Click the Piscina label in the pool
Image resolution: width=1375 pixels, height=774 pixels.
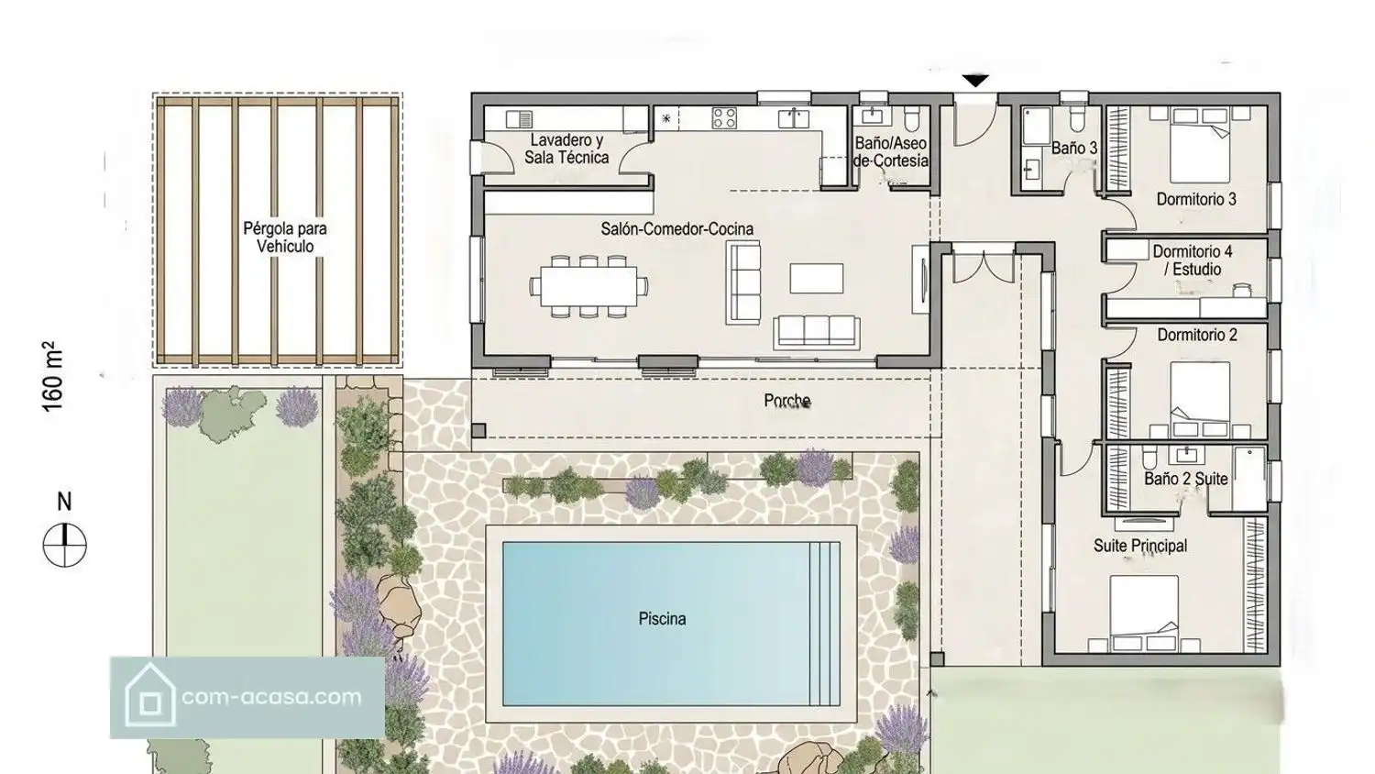click(663, 619)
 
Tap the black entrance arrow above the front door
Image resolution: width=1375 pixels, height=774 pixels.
click(975, 81)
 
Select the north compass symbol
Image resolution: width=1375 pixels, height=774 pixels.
click(64, 545)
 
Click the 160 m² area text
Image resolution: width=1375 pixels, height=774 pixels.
click(53, 376)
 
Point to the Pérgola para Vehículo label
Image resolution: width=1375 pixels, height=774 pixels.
click(285, 238)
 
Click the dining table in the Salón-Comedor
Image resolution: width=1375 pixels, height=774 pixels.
click(588, 286)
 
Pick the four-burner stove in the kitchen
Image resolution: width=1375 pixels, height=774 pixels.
click(724, 118)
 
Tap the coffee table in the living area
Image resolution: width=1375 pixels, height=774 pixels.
click(817, 278)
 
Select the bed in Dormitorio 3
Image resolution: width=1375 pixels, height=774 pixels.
click(1200, 145)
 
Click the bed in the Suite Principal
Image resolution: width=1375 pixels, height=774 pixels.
click(1144, 613)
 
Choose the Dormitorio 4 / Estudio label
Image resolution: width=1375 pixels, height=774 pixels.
click(1193, 260)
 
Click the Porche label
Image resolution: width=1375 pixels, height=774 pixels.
click(787, 401)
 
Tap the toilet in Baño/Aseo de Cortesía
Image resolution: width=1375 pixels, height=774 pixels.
click(911, 119)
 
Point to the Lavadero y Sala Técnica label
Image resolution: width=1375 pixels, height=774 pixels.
click(566, 149)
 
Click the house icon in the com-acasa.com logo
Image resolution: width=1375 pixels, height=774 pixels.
click(149, 695)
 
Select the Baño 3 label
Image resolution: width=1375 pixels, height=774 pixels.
click(1074, 148)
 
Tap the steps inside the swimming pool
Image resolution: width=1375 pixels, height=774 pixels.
click(825, 624)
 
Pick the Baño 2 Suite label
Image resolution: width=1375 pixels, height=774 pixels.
click(1186, 479)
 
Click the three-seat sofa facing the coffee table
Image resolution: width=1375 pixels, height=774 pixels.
click(817, 332)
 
